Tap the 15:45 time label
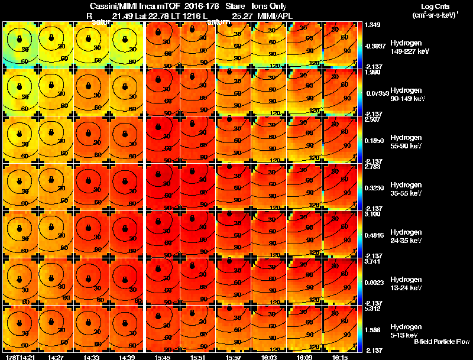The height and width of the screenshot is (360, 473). pos(161,357)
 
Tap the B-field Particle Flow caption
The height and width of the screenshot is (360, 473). pos(442,342)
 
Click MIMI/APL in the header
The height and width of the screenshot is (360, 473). pos(276,15)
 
